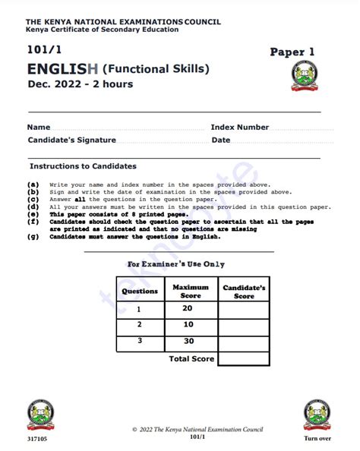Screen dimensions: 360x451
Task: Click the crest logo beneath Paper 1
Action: pyautogui.click(x=306, y=78)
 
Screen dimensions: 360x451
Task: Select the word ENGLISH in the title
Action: pyautogui.click(x=62, y=69)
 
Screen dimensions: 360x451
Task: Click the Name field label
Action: pyautogui.click(x=39, y=128)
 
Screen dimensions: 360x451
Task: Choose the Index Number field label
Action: pyautogui.click(x=239, y=128)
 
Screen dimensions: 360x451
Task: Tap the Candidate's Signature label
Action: pyautogui.click(x=71, y=140)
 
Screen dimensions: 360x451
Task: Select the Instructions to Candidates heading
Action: pyautogui.click(x=83, y=166)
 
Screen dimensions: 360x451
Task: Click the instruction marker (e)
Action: pyautogui.click(x=33, y=215)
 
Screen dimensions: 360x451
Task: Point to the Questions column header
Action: pyautogui.click(x=140, y=292)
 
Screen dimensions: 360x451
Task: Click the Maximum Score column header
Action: pyautogui.click(x=191, y=292)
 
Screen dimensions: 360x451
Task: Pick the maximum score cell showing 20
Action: pyautogui.click(x=188, y=308)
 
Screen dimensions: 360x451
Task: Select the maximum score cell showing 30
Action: pyautogui.click(x=188, y=341)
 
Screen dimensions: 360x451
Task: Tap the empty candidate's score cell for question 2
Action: pyautogui.click(x=243, y=325)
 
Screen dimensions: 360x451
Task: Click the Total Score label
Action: pyautogui.click(x=191, y=358)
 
